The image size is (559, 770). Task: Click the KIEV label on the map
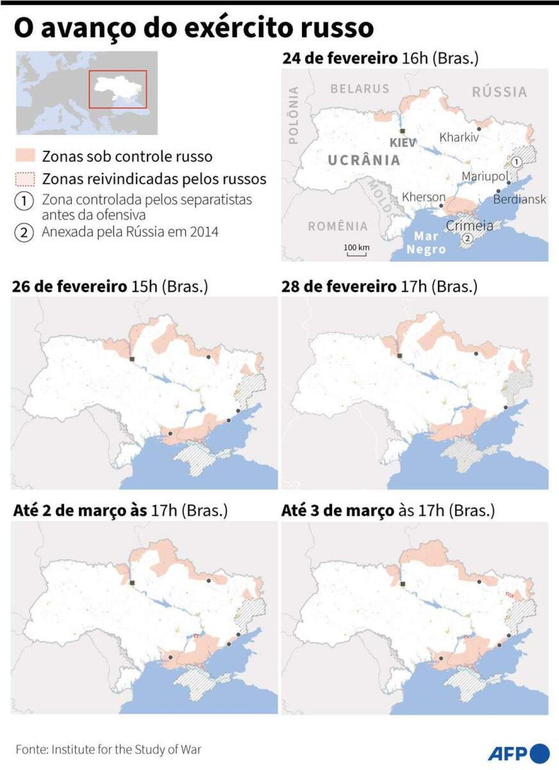(402, 143)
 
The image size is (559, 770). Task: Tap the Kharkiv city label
(459, 137)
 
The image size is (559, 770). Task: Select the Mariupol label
(485, 176)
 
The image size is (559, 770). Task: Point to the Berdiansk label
(519, 200)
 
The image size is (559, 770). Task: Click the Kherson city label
(423, 197)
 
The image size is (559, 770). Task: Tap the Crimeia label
(469, 226)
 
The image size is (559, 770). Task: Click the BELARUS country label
(360, 89)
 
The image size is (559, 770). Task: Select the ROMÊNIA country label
(338, 226)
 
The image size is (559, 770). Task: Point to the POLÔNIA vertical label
(293, 115)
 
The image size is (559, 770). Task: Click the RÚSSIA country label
(499, 92)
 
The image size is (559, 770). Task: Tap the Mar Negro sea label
(426, 243)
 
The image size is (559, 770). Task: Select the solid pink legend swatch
(25, 156)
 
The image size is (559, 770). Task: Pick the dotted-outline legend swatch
(25, 179)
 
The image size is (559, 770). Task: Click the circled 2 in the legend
(24, 232)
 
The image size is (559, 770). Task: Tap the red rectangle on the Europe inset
(118, 89)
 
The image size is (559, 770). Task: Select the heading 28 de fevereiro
(339, 286)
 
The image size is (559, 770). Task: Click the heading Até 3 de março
(338, 511)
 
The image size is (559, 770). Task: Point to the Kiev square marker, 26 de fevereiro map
(132, 359)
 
